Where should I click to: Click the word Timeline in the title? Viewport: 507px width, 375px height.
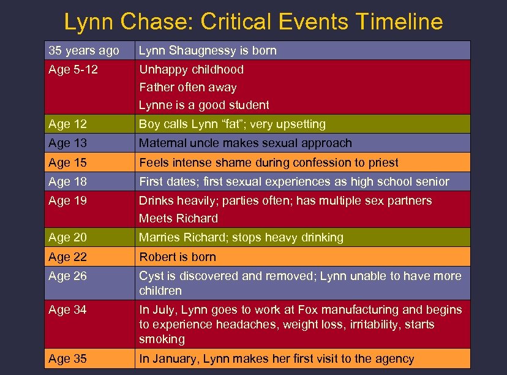pos(399,22)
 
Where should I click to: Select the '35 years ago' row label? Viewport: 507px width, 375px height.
pos(84,50)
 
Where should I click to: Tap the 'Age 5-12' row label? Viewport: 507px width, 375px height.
pos(73,69)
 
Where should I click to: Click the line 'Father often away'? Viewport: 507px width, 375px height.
pos(188,87)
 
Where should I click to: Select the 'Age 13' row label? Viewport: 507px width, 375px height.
pos(67,143)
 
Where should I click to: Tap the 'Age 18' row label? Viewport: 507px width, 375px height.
pos(67,181)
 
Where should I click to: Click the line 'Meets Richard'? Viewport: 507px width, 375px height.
pos(178,218)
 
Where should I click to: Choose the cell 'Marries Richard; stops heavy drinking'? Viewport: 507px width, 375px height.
pos(241,237)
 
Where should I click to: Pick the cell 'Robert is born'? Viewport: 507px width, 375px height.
pos(178,257)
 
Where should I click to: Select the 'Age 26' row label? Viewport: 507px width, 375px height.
pos(67,276)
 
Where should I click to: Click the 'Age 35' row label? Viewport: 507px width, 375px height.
pos(67,358)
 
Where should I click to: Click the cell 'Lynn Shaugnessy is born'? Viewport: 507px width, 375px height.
pos(208,50)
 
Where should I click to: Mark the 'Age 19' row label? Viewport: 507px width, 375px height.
pos(67,200)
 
